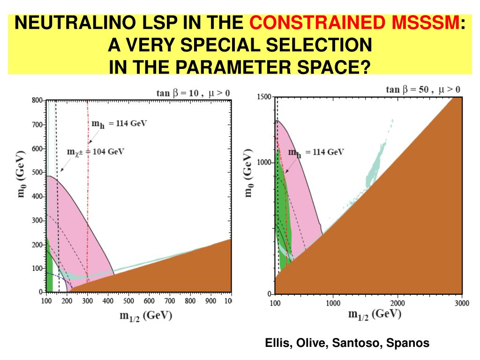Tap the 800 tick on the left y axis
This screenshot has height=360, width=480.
tap(37, 100)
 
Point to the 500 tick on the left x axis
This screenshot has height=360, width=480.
tap(128, 301)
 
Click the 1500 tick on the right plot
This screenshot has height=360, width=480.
tap(264, 97)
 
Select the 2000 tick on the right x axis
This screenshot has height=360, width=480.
tap(397, 303)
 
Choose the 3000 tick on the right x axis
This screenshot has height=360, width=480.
tap(462, 303)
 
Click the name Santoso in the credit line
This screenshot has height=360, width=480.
tap(360, 343)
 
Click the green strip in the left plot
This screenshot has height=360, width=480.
tap(49, 277)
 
